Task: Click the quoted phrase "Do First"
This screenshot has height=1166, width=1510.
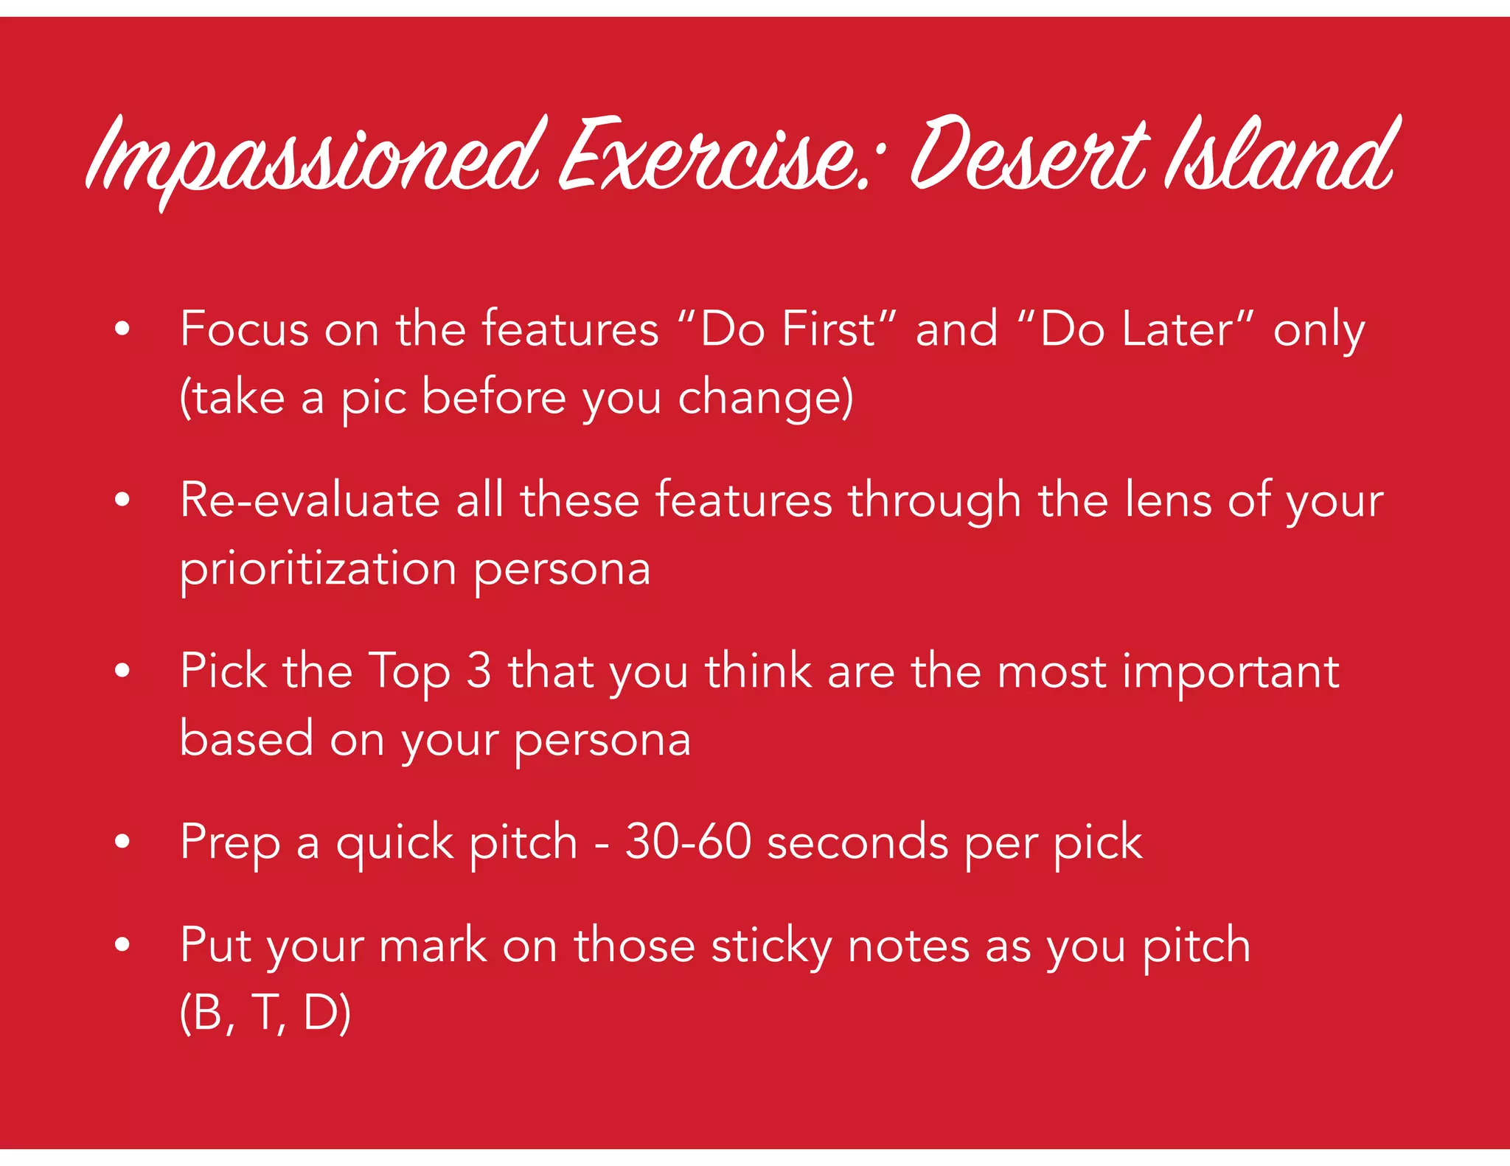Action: (786, 329)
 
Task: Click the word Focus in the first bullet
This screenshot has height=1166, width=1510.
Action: (244, 329)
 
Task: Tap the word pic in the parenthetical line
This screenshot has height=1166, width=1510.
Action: (373, 398)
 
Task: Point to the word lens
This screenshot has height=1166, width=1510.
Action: (1168, 500)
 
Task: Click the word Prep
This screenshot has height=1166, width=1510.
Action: (230, 842)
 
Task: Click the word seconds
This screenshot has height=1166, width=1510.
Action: (857, 842)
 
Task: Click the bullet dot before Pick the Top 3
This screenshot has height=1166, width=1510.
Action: (122, 671)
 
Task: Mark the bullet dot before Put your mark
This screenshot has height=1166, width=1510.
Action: (122, 944)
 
